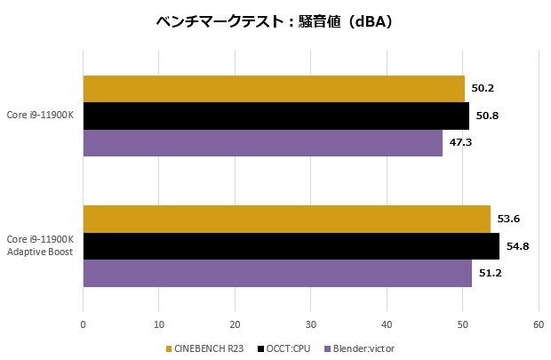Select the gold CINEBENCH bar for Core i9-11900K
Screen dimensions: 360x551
coord(274,89)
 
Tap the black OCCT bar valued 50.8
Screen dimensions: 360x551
coord(275,116)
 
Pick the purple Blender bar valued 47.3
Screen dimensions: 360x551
coord(262,143)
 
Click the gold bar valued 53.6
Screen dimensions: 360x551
coord(286,219)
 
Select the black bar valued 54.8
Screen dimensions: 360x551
coord(291,246)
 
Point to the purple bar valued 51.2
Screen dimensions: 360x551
coord(277,273)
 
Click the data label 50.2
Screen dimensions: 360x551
coord(483,89)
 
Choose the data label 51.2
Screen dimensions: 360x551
coord(490,273)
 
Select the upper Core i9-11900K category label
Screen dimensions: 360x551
coord(39,116)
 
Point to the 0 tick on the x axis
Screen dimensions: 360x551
coord(83,324)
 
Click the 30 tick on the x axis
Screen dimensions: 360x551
coord(310,324)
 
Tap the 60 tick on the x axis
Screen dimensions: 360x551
coord(538,324)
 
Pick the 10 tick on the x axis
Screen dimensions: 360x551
coord(158,324)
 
